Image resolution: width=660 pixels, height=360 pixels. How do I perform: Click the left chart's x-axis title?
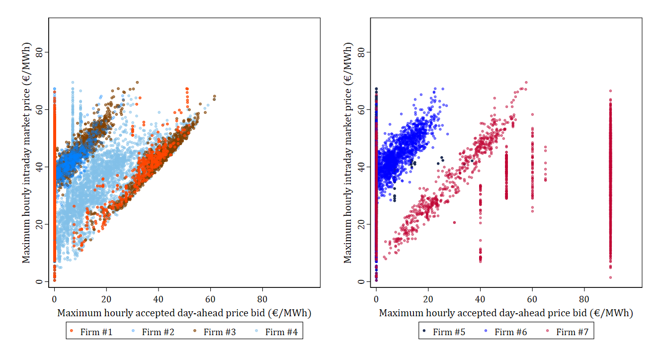pyautogui.click(x=184, y=313)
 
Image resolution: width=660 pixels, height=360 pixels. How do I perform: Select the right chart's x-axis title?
pyautogui.click(x=506, y=313)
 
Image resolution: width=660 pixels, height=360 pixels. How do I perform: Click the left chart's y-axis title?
pyautogui.click(x=26, y=153)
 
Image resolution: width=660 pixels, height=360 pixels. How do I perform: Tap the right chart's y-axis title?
pyautogui.click(x=348, y=153)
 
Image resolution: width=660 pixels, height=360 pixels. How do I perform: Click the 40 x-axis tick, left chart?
pyautogui.click(x=158, y=299)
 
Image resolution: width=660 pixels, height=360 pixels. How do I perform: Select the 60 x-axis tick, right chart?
pyautogui.click(x=532, y=299)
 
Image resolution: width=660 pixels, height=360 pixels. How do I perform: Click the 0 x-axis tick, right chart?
pyautogui.click(x=376, y=299)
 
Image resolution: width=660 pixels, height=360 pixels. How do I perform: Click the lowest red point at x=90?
pyautogui.click(x=610, y=277)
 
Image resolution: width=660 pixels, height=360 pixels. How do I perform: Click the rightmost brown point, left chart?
pyautogui.click(x=215, y=96)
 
